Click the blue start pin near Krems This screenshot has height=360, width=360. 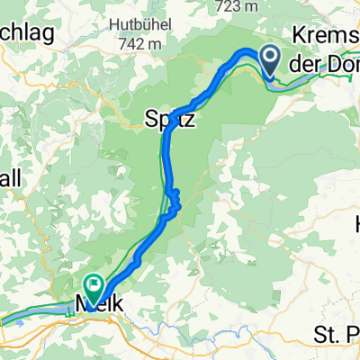[x=271, y=61]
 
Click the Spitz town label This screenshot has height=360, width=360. [x=166, y=118]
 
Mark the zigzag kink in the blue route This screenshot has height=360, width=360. [x=175, y=200]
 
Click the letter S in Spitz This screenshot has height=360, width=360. [x=150, y=118]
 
